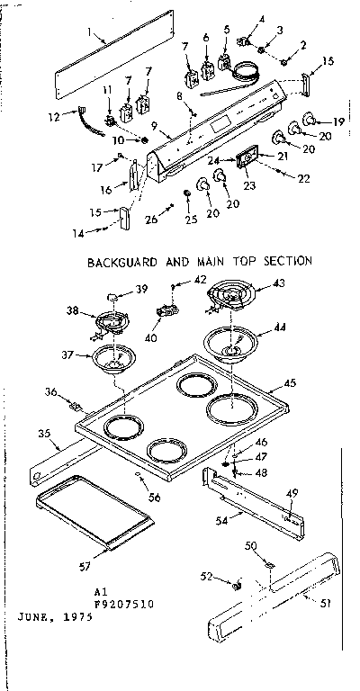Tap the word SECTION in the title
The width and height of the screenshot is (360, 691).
point(285,261)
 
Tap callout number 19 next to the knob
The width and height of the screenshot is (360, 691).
point(338,120)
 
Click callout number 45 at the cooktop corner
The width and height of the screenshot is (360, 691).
point(290,383)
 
